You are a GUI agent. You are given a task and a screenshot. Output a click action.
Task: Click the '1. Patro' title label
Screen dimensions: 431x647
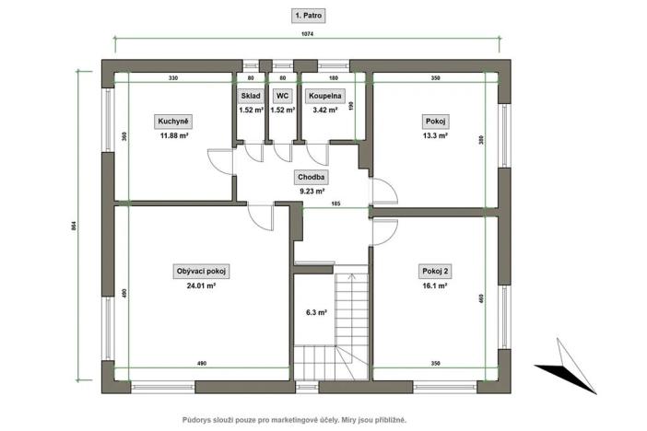click(308, 17)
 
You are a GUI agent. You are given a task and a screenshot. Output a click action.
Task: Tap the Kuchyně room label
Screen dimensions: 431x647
click(173, 121)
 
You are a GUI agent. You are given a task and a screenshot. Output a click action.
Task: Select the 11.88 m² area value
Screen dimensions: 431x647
click(173, 135)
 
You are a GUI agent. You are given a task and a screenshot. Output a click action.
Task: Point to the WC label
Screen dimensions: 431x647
click(282, 95)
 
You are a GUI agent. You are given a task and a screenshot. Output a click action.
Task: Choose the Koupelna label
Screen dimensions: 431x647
click(324, 95)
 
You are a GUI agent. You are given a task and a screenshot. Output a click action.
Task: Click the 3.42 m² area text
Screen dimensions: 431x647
click(324, 110)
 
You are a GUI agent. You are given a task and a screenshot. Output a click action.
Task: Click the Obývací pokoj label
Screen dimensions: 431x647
click(201, 271)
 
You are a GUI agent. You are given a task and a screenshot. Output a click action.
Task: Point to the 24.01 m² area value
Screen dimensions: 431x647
click(201, 285)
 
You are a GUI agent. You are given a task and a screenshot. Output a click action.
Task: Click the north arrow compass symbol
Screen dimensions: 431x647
click(564, 365)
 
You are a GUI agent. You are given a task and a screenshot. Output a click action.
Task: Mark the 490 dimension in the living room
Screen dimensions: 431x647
click(201, 365)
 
